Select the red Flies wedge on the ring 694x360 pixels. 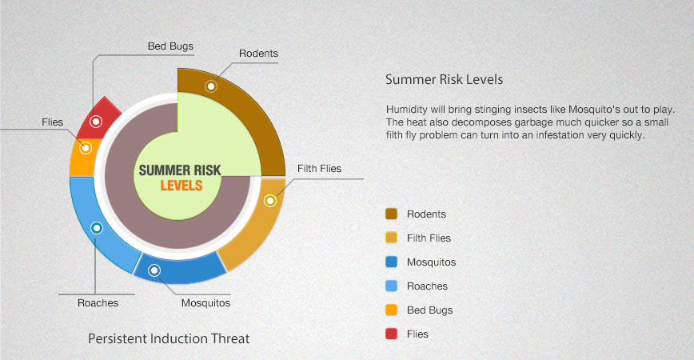pyautogui.click(x=100, y=118)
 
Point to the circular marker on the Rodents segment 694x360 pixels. pyautogui.click(x=211, y=86)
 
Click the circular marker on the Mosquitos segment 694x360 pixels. pyautogui.click(x=154, y=270)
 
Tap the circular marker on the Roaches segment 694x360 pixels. pyautogui.click(x=97, y=228)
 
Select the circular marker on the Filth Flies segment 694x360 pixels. pyautogui.click(x=270, y=201)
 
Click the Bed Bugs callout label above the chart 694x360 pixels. pyautogui.click(x=170, y=46)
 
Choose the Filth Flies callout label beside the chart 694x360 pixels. pyautogui.click(x=319, y=169)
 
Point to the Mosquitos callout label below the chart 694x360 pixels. pyautogui.click(x=205, y=303)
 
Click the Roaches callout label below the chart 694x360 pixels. pyautogui.click(x=98, y=303)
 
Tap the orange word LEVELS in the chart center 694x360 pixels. pyautogui.click(x=181, y=186)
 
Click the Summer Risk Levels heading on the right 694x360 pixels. pyautogui.click(x=444, y=80)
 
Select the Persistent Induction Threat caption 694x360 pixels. pyautogui.click(x=169, y=338)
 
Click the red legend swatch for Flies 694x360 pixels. pyautogui.click(x=391, y=334)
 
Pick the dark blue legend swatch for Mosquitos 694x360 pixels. pyautogui.click(x=391, y=262)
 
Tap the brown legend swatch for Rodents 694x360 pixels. pyautogui.click(x=391, y=214)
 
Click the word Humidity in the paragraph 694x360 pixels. pyautogui.click(x=406, y=110)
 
